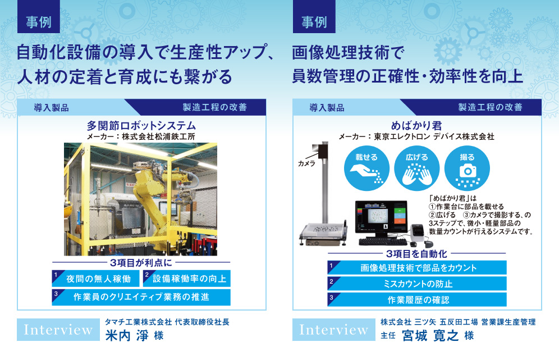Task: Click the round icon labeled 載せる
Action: (x=366, y=168)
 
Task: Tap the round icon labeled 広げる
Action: (x=417, y=168)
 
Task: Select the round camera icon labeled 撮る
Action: (x=467, y=168)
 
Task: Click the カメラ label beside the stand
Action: (x=306, y=163)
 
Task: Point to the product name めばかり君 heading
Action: (x=416, y=126)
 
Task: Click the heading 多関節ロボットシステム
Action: (x=141, y=126)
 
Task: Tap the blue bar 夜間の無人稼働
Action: (x=95, y=279)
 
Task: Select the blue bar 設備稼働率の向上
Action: (x=187, y=279)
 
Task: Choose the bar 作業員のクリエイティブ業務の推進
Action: (x=141, y=297)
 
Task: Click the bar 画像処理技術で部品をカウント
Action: (x=417, y=267)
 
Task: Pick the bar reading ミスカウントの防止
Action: (x=417, y=284)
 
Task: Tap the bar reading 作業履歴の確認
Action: (x=417, y=300)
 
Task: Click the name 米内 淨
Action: (x=126, y=335)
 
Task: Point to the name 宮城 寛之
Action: (x=430, y=335)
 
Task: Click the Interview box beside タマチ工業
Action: (x=58, y=330)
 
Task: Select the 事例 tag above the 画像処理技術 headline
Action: (x=314, y=17)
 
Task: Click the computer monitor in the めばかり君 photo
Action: (x=382, y=218)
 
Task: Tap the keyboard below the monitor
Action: (x=383, y=242)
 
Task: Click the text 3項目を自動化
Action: (x=416, y=254)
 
